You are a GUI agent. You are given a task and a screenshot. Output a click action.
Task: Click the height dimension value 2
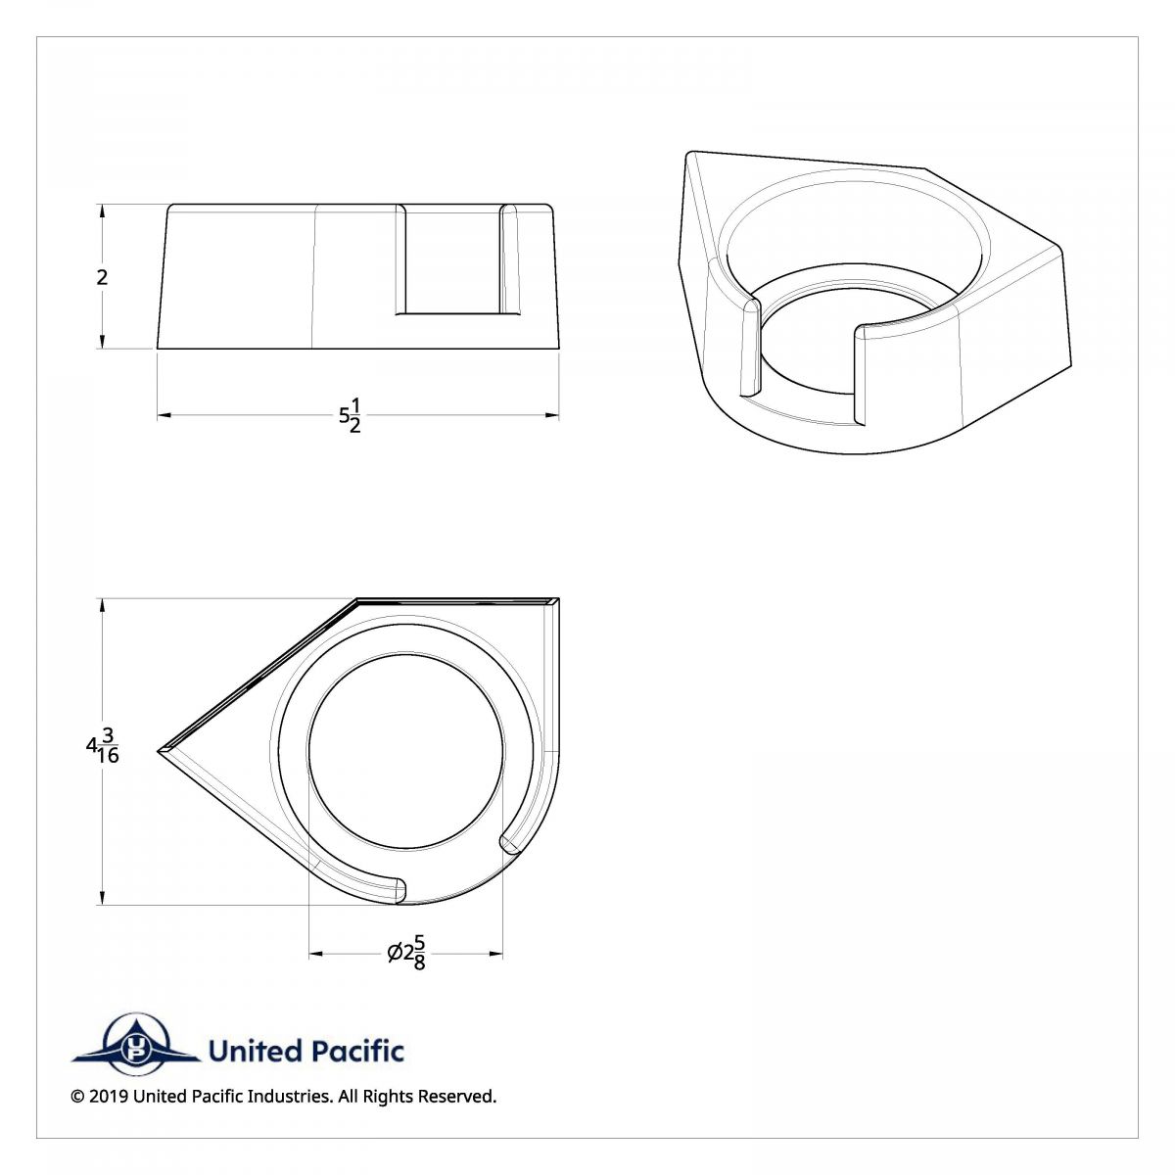[102, 277]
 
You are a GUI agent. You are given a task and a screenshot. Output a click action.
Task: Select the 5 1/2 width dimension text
[350, 416]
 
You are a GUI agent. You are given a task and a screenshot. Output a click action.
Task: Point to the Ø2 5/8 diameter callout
[406, 953]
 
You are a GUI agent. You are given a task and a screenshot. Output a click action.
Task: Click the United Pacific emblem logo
[134, 1051]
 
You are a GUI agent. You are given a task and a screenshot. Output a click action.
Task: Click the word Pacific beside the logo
[355, 1052]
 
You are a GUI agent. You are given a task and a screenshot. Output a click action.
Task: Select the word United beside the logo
[255, 1052]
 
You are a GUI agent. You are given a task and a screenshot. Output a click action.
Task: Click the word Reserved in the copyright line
[458, 1097]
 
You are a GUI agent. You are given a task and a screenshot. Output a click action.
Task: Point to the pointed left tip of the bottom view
[160, 751]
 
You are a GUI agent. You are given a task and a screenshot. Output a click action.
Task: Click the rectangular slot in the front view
[454, 260]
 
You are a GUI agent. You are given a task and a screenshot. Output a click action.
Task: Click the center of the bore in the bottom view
[406, 751]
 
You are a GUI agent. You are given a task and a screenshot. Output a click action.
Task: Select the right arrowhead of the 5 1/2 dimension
[553, 416]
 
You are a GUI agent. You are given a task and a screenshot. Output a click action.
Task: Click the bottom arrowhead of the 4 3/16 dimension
[103, 900]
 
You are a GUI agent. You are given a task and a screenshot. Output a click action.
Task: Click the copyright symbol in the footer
[77, 1097]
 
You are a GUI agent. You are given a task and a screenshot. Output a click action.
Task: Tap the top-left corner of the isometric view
[689, 154]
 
